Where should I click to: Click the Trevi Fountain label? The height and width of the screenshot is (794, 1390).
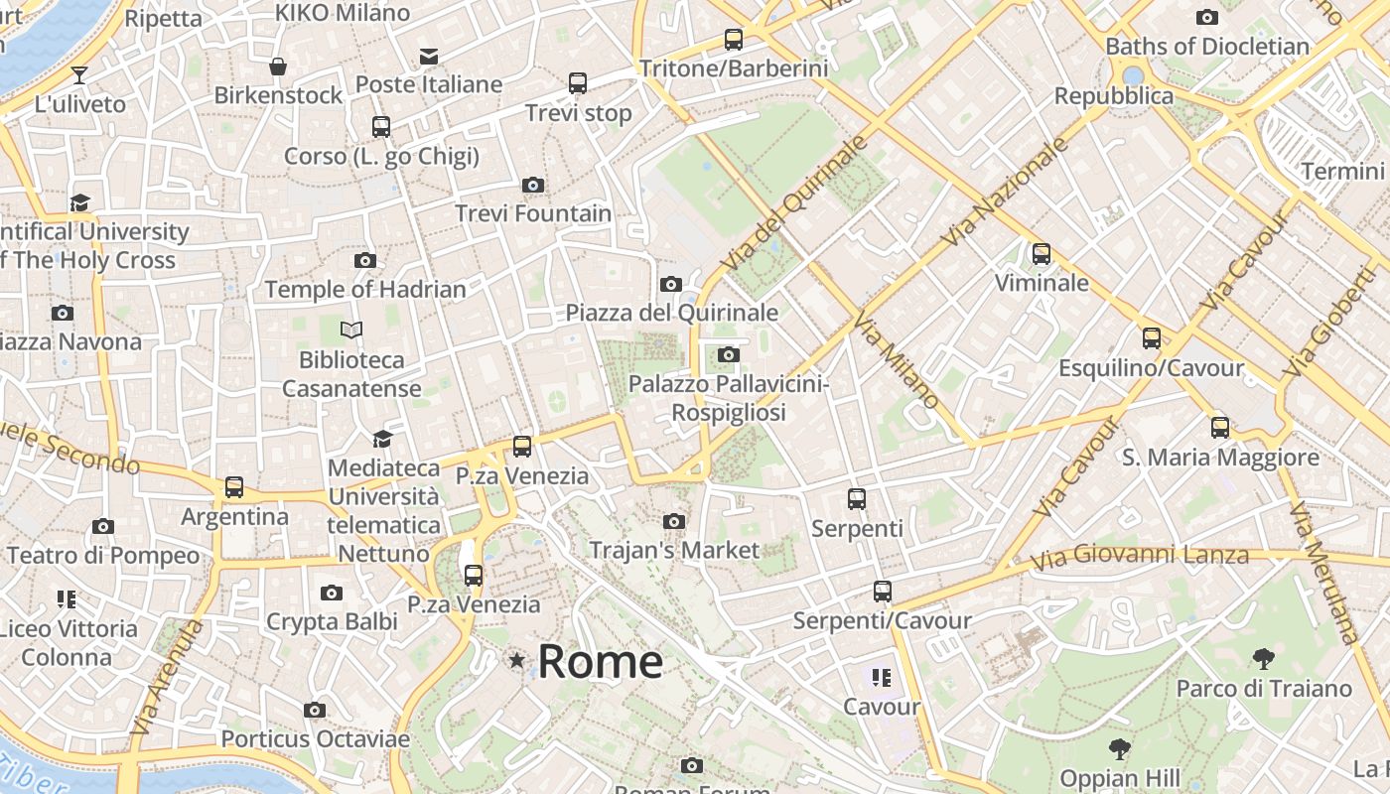click(x=533, y=213)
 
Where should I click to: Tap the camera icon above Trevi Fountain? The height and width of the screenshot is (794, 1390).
click(x=533, y=185)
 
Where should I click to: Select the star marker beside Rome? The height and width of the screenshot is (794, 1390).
click(x=516, y=660)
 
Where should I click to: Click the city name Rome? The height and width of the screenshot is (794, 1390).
click(x=600, y=662)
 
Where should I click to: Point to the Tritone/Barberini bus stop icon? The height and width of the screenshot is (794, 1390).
click(x=733, y=40)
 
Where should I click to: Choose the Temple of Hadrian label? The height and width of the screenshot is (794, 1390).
click(x=365, y=290)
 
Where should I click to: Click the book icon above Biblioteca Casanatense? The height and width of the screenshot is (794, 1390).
click(x=351, y=330)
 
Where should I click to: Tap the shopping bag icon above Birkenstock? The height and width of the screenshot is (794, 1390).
click(x=278, y=66)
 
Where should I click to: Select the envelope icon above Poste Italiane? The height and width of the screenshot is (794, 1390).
click(x=429, y=56)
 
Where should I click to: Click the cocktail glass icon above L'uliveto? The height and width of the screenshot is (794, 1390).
click(x=79, y=74)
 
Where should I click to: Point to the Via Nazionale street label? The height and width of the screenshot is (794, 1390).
click(x=1005, y=193)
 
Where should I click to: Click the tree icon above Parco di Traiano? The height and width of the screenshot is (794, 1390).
click(x=1264, y=658)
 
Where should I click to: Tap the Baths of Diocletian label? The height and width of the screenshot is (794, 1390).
click(x=1207, y=47)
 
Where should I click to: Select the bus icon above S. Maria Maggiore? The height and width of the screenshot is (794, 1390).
click(x=1220, y=428)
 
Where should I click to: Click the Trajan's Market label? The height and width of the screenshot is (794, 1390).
click(x=674, y=550)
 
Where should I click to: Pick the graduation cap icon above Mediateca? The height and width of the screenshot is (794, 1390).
click(x=382, y=439)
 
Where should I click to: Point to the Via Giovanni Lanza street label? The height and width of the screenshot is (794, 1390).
click(x=1139, y=557)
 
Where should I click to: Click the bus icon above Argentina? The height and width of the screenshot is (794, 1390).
click(x=234, y=487)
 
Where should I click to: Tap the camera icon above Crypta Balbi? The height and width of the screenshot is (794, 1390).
click(x=332, y=594)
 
